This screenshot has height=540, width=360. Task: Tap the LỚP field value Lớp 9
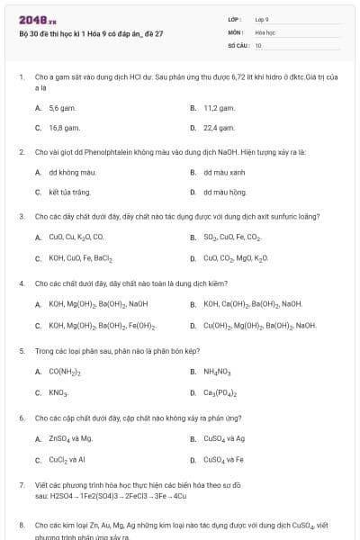tap(262, 19)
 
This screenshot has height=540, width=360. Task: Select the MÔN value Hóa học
tap(265, 31)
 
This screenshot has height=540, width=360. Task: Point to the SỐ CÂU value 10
tap(258, 45)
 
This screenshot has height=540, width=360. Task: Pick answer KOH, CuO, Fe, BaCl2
tap(80, 258)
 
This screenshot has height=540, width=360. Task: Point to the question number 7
tap(21, 485)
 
